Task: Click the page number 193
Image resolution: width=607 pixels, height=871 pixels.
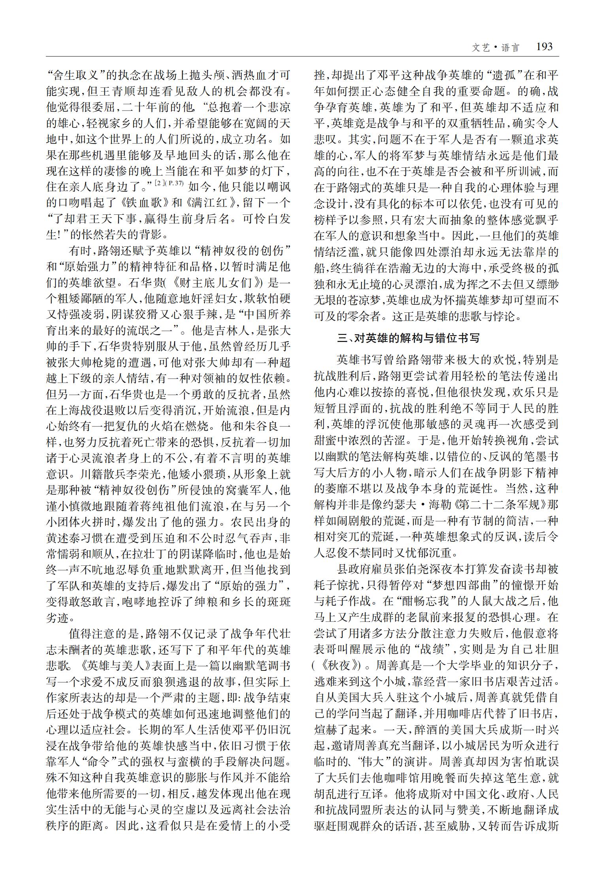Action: point(544,47)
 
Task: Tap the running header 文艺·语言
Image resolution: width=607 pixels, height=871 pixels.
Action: point(496,48)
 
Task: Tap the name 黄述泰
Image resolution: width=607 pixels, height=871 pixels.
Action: point(63,537)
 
